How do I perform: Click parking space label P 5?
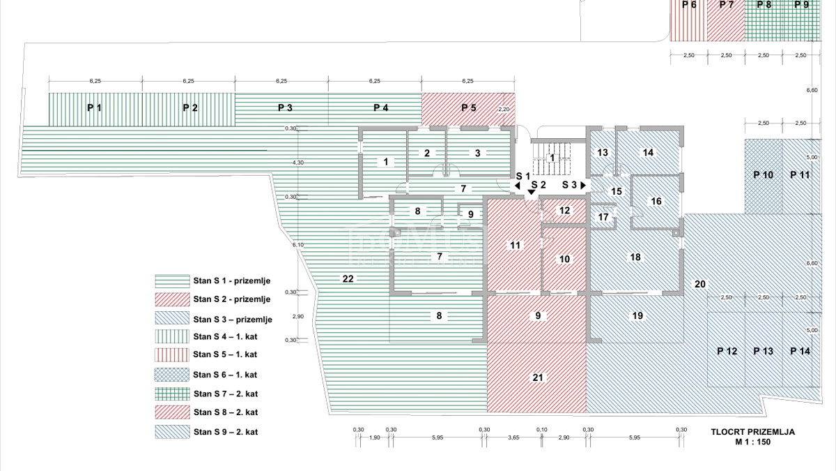click(x=468, y=108)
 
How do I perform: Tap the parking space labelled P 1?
click(x=95, y=108)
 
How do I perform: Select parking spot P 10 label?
click(x=764, y=175)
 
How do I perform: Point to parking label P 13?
click(x=764, y=352)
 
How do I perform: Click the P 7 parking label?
click(x=727, y=5)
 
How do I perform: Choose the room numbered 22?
click(x=348, y=279)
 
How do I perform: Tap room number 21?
click(x=537, y=377)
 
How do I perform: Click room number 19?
click(x=637, y=316)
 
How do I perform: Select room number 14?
click(x=648, y=153)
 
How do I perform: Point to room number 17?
click(x=603, y=217)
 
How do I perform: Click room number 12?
click(x=564, y=210)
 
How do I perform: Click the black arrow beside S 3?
click(x=582, y=186)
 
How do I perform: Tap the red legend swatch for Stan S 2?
click(x=172, y=299)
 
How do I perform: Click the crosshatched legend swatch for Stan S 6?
click(x=172, y=375)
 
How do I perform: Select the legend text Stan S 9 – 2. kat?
click(x=226, y=432)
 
